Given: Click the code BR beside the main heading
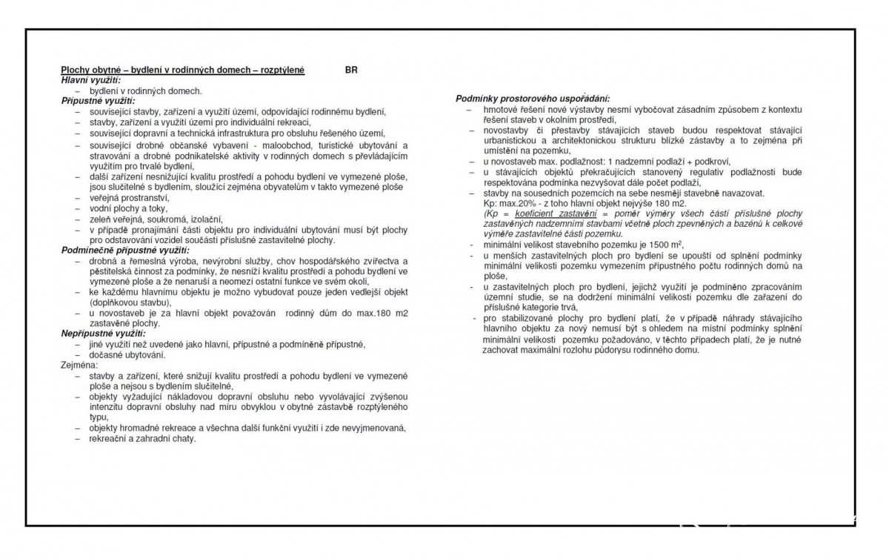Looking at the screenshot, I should pos(352,70).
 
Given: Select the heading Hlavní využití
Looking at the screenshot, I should pos(90,79).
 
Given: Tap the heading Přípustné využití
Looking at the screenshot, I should pos(98,99).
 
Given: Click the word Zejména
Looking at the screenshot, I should pos(78,365).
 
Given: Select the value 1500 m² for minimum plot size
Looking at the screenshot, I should pos(667,245).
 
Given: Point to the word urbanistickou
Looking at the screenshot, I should pos(516,140).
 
